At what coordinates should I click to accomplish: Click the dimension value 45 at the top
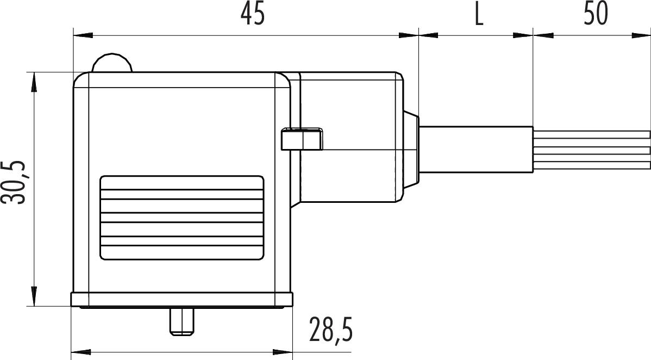coord(253,15)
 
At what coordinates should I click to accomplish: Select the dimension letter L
coord(478,15)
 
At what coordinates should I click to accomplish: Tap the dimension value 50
coord(596,15)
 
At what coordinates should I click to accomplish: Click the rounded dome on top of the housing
coord(111,64)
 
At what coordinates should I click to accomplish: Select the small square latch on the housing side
coord(302,139)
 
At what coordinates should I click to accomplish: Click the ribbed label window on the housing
coord(181,217)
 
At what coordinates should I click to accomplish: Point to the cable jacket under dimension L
coord(476,150)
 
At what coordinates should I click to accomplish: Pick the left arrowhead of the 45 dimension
coord(82,36)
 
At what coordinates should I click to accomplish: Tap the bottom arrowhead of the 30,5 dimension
coord(34,297)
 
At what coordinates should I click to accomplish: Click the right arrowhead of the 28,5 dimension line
coord(284,351)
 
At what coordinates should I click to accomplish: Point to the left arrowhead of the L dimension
coord(428,36)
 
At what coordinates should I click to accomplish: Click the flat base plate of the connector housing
coord(181,300)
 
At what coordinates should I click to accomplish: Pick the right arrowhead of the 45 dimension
coord(409,36)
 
